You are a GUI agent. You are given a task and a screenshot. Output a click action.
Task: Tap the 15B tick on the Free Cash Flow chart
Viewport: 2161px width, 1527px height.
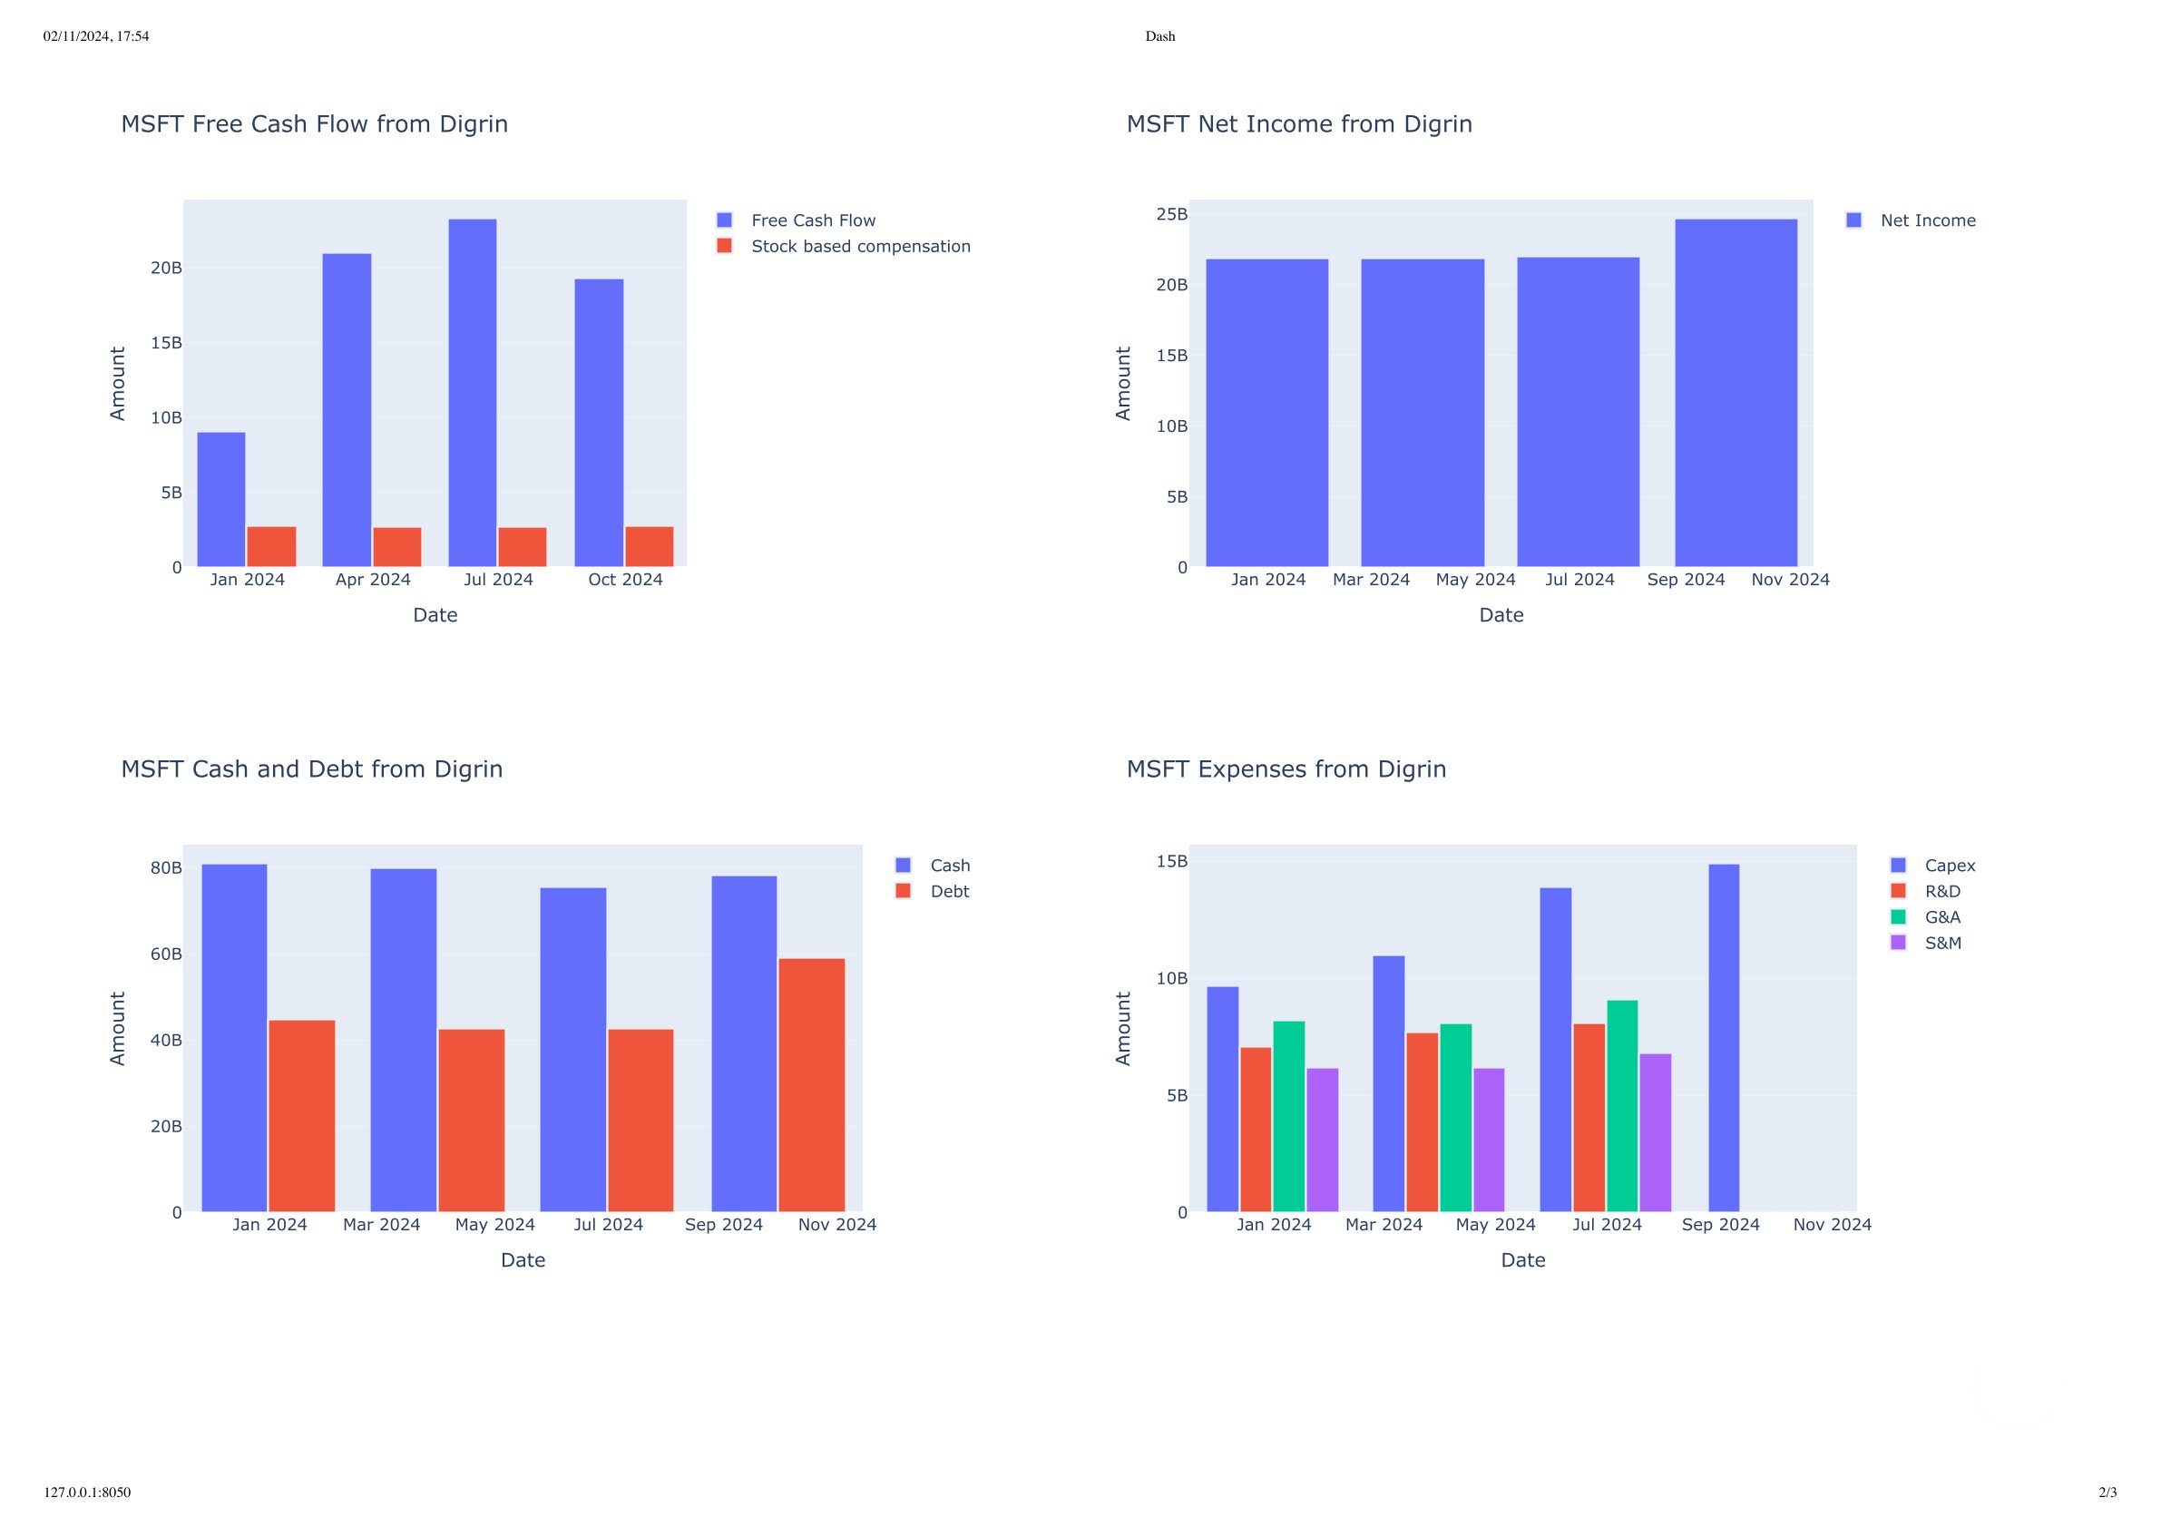(x=167, y=343)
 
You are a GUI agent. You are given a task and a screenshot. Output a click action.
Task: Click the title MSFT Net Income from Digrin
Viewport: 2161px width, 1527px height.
(x=1299, y=124)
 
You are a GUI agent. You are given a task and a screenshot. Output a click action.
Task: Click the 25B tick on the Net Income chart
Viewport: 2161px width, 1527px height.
(x=1172, y=215)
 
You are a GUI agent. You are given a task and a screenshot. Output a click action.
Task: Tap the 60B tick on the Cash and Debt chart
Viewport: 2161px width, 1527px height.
(x=167, y=954)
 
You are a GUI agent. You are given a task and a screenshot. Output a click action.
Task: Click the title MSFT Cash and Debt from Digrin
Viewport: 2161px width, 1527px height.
(x=311, y=769)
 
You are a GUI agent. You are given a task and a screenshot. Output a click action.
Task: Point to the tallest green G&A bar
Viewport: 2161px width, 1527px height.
(x=1622, y=1105)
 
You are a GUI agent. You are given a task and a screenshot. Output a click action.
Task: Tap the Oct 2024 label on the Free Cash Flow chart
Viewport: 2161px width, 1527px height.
(x=625, y=580)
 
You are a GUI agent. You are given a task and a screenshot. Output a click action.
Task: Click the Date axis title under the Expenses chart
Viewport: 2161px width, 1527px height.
(x=1523, y=1259)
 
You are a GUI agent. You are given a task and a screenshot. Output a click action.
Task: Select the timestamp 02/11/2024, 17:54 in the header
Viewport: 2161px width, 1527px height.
(x=96, y=36)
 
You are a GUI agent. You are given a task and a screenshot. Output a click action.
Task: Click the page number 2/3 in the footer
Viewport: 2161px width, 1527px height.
(x=2107, y=1493)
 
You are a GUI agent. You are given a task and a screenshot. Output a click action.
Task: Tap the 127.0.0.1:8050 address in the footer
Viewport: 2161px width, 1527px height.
(x=87, y=1493)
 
